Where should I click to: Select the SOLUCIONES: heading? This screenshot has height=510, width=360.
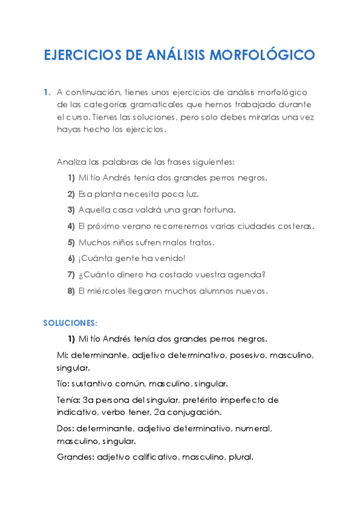pos(70,323)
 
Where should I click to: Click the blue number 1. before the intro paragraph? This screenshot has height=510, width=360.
pos(47,92)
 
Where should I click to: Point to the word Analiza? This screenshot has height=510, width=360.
pos(72,162)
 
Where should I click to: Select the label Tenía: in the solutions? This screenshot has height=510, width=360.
pos(70,400)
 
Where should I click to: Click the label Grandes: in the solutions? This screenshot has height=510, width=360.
pos(76,457)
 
